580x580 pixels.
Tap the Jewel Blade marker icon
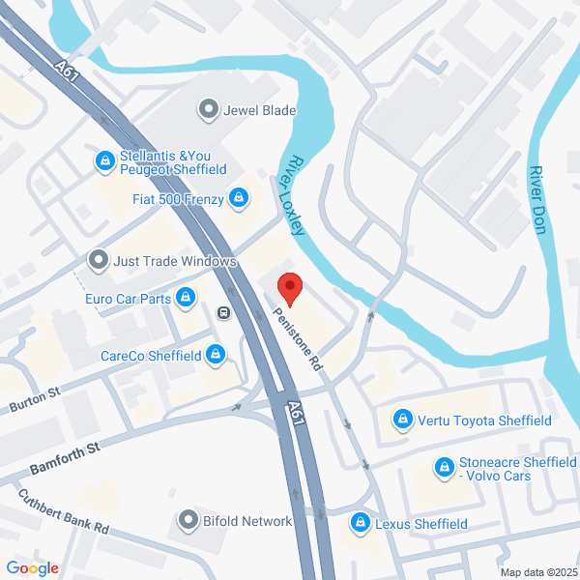pos(208,110)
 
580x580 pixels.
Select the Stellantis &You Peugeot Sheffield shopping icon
pos(103,161)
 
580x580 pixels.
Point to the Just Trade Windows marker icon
pos(98,261)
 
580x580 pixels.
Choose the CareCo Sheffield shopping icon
pos(217,356)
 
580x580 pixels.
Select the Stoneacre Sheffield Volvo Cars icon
pos(444,468)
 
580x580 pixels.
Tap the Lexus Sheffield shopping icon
pos(360,524)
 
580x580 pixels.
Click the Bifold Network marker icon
pos(188,521)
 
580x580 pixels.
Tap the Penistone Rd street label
pos(297,341)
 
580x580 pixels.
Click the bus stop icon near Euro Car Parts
pos(223,312)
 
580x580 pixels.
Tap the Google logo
pos(32,568)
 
